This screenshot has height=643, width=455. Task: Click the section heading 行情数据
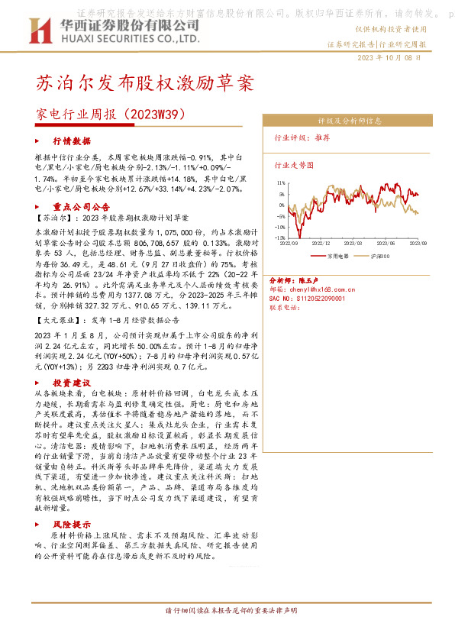[x=72, y=141]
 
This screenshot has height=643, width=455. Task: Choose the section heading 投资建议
[x=72, y=381]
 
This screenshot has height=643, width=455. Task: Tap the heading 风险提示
[x=72, y=525]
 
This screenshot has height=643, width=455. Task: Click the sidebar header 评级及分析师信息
[x=348, y=120]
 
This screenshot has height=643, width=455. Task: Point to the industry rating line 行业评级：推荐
[x=302, y=138]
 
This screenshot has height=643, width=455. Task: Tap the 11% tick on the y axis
[x=281, y=183]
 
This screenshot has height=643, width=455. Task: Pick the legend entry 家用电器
[x=337, y=257]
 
